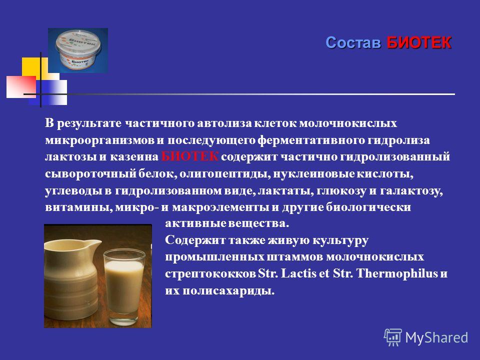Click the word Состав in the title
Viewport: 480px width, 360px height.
353,42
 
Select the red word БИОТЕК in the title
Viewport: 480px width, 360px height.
419,42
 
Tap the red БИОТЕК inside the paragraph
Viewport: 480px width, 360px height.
190,156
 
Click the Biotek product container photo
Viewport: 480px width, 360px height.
78,50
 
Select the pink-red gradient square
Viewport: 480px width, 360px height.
21,86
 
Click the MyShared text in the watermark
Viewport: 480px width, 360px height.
436,337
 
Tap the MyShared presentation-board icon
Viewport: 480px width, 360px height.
393,337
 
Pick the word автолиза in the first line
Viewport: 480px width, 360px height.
224,123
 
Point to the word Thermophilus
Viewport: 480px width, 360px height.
396,273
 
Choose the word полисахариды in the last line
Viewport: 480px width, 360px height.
228,290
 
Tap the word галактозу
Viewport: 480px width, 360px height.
411,190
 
